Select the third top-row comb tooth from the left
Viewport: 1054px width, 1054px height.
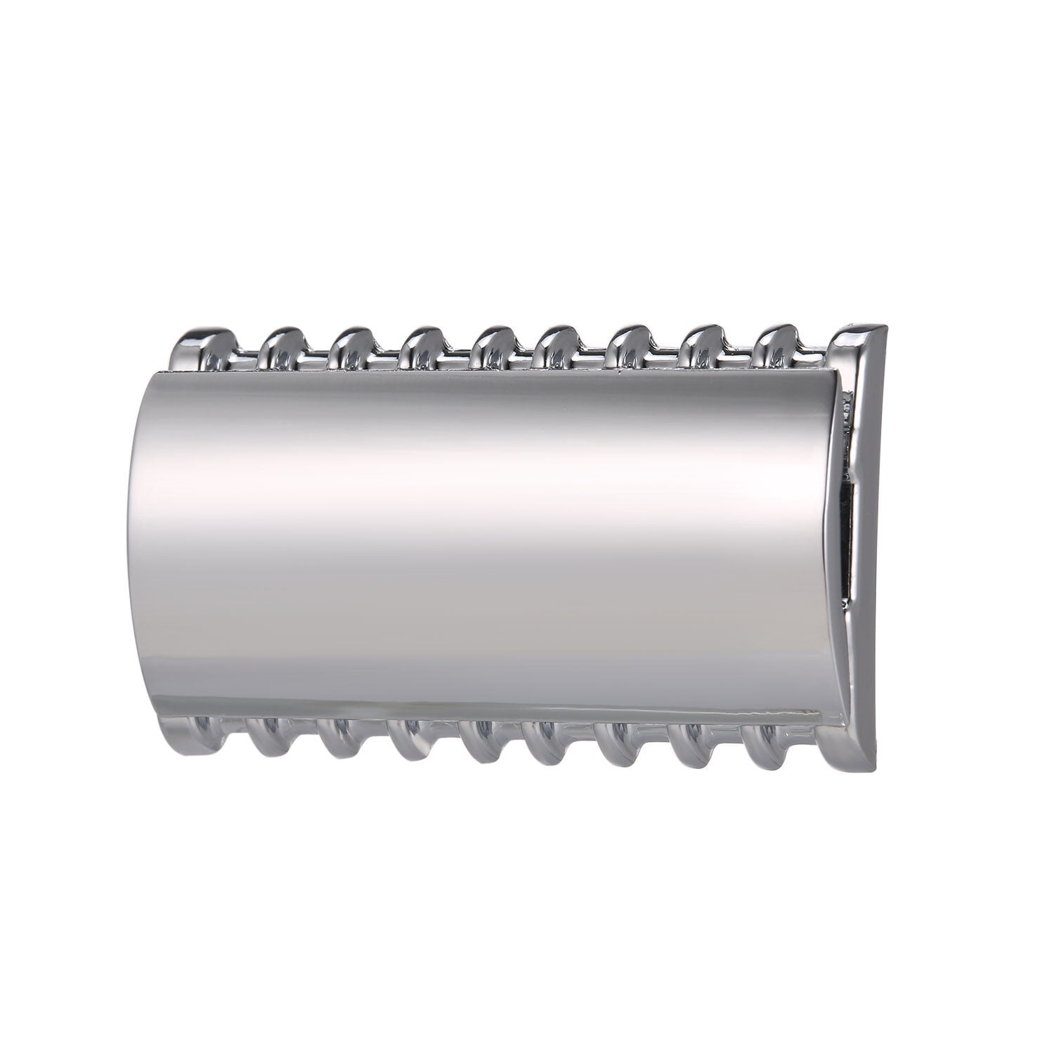point(351,346)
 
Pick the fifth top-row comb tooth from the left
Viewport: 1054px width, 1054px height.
point(494,344)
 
